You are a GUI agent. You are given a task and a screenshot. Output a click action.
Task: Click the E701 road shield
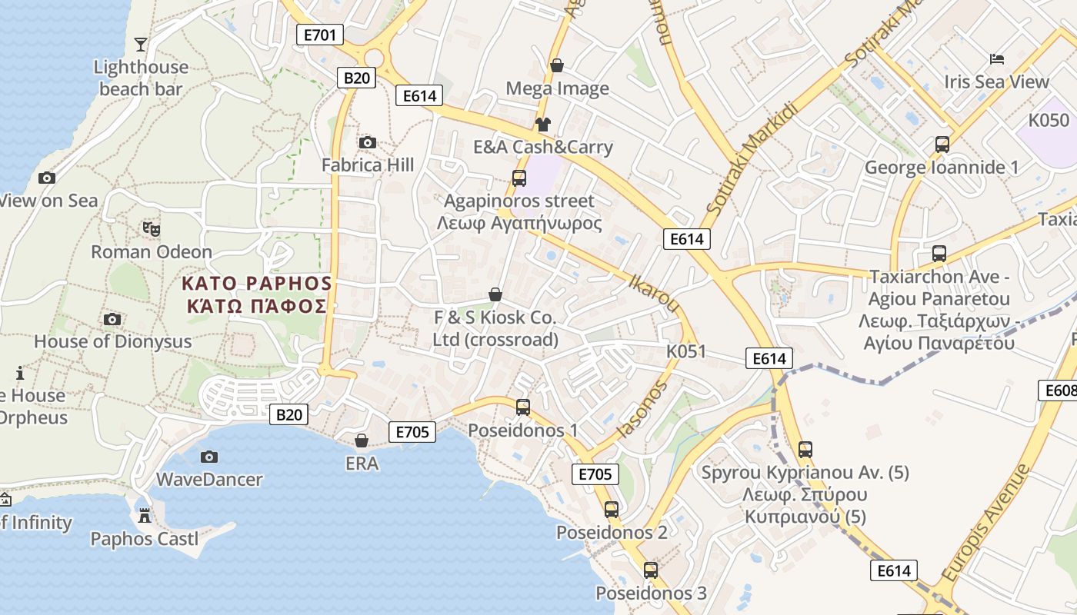[319, 34]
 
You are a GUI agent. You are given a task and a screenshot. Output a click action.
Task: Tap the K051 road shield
[686, 351]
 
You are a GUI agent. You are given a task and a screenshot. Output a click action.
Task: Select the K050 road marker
[1049, 120]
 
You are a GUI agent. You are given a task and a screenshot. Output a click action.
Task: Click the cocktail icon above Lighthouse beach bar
[140, 44]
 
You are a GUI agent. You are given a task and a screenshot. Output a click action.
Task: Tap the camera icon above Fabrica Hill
[368, 142]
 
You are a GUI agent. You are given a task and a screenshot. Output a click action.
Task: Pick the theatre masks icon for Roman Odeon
[152, 228]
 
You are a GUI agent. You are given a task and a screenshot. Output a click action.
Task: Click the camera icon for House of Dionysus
[112, 319]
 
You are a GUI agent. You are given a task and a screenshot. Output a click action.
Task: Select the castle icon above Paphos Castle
[144, 515]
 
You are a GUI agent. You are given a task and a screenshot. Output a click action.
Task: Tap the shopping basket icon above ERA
[361, 440]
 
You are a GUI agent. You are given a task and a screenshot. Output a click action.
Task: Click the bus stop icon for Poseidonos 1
[523, 407]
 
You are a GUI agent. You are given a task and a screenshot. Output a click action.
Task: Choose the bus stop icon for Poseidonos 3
[651, 570]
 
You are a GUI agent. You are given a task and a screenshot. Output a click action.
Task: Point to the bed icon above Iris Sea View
[997, 58]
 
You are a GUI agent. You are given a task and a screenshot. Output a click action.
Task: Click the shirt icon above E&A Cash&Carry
[543, 124]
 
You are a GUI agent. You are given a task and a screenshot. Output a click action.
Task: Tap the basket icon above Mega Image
[556, 66]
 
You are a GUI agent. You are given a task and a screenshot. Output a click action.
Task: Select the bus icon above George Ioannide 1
[942, 144]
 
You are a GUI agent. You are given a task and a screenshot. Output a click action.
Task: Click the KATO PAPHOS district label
[257, 294]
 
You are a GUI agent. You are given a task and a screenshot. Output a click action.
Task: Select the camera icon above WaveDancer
[208, 457]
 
